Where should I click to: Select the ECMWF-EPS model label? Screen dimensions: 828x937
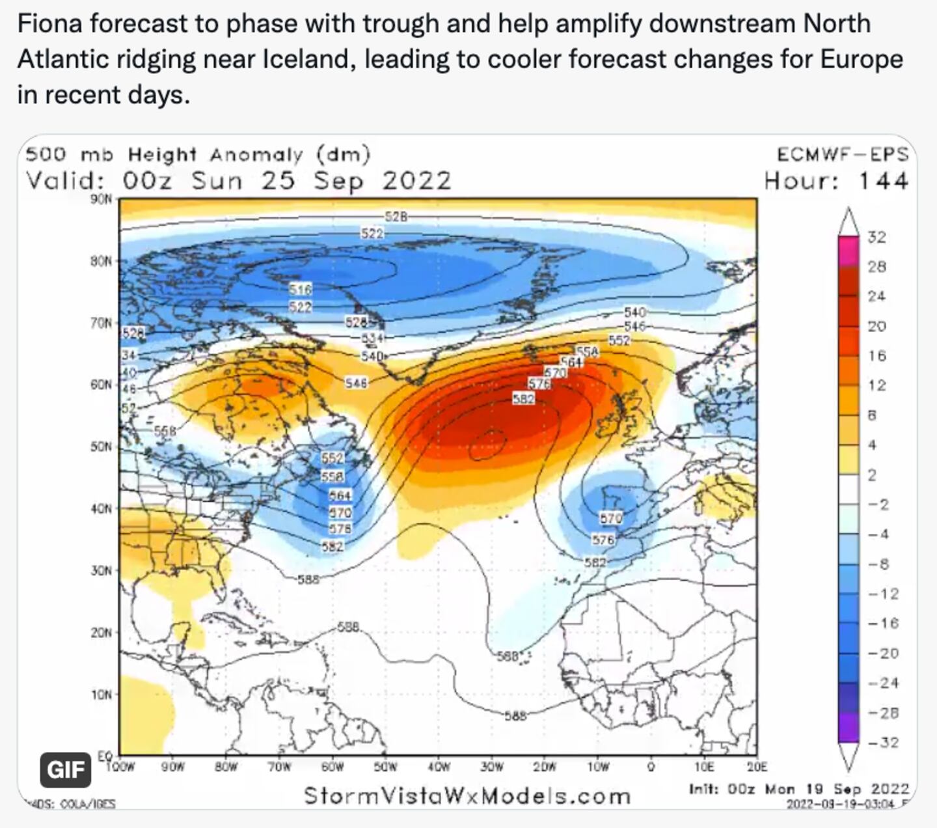click(842, 154)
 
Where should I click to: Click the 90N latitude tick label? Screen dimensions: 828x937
click(102, 199)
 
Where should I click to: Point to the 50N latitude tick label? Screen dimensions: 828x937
click(102, 447)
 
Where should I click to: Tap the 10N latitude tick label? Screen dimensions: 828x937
click(102, 695)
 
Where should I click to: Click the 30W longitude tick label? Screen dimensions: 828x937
click(492, 767)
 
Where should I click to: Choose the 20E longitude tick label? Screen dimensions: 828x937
click(757, 767)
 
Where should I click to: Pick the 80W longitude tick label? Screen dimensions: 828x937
click(226, 767)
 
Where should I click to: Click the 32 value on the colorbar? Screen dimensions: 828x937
click(876, 237)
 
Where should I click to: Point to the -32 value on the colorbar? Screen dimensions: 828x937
click(883, 742)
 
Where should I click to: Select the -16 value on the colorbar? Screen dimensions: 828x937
click(883, 623)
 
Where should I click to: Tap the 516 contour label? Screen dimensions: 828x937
click(301, 288)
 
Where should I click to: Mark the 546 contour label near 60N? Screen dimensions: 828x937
click(357, 383)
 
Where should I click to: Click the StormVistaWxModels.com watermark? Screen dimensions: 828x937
click(467, 795)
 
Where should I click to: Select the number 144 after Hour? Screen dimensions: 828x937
click(883, 180)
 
